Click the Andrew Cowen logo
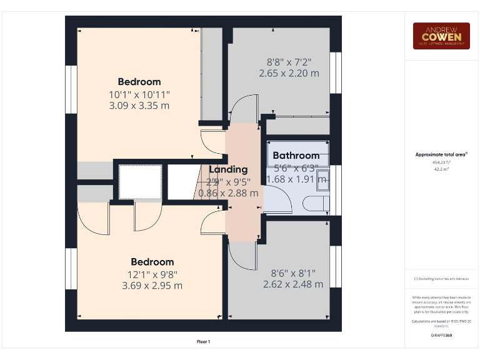pyautogui.click(x=441, y=36)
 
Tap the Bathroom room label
pyautogui.click(x=296, y=156)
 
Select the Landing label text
pyautogui.click(x=228, y=169)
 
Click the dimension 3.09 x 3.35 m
pyautogui.click(x=139, y=106)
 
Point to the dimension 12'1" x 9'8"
pyautogui.click(x=152, y=274)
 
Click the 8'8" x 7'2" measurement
pyautogui.click(x=289, y=62)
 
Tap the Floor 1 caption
pyautogui.click(x=204, y=341)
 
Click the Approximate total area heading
pyautogui.click(x=441, y=154)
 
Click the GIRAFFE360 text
pyautogui.click(x=441, y=336)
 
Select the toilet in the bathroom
pyautogui.click(x=314, y=203)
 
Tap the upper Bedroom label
pyautogui.click(x=139, y=82)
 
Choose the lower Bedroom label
pyautogui.click(x=152, y=262)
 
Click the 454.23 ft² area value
pyautogui.click(x=441, y=161)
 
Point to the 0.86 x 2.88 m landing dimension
pyautogui.click(x=228, y=193)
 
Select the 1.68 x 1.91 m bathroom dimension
pyautogui.click(x=296, y=179)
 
